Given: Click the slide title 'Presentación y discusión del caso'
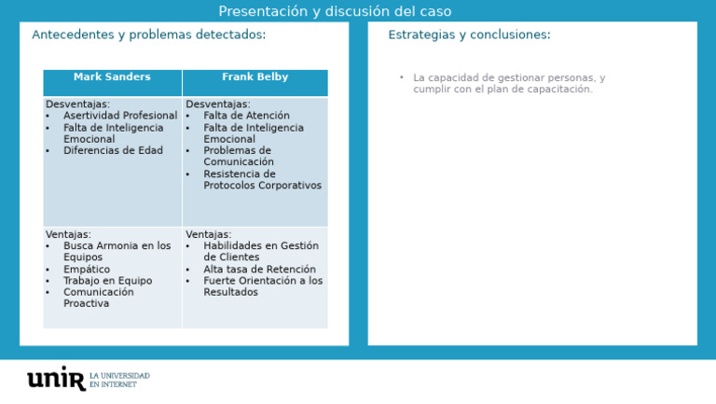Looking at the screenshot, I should click(x=335, y=11).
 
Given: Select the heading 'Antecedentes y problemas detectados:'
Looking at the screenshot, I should click(x=148, y=35).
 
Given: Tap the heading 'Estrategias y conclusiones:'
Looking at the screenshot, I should click(x=469, y=35).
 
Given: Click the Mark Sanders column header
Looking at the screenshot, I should click(x=112, y=77).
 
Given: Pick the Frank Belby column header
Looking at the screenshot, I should click(x=255, y=77).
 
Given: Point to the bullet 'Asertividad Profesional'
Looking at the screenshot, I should click(x=119, y=116).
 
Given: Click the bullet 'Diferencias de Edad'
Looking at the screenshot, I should click(x=113, y=150).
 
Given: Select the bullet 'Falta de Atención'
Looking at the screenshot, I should click(x=246, y=116).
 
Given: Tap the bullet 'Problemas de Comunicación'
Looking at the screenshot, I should click(x=238, y=156).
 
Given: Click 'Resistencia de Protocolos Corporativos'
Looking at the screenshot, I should click(x=262, y=179).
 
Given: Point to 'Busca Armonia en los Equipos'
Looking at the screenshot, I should click(x=117, y=252).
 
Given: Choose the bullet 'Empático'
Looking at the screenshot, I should click(x=87, y=270).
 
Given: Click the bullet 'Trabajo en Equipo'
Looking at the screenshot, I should click(x=107, y=281).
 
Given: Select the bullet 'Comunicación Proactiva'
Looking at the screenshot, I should click(x=98, y=298).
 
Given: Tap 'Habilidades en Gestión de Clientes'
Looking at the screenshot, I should click(x=260, y=252).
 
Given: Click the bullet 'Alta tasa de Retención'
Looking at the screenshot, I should click(x=259, y=270).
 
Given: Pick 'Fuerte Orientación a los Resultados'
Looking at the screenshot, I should click(x=263, y=286).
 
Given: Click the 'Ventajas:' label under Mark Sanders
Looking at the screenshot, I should click(x=68, y=235).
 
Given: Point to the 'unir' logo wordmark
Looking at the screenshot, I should click(x=56, y=378).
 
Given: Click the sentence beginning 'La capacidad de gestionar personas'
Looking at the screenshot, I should click(x=508, y=84).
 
